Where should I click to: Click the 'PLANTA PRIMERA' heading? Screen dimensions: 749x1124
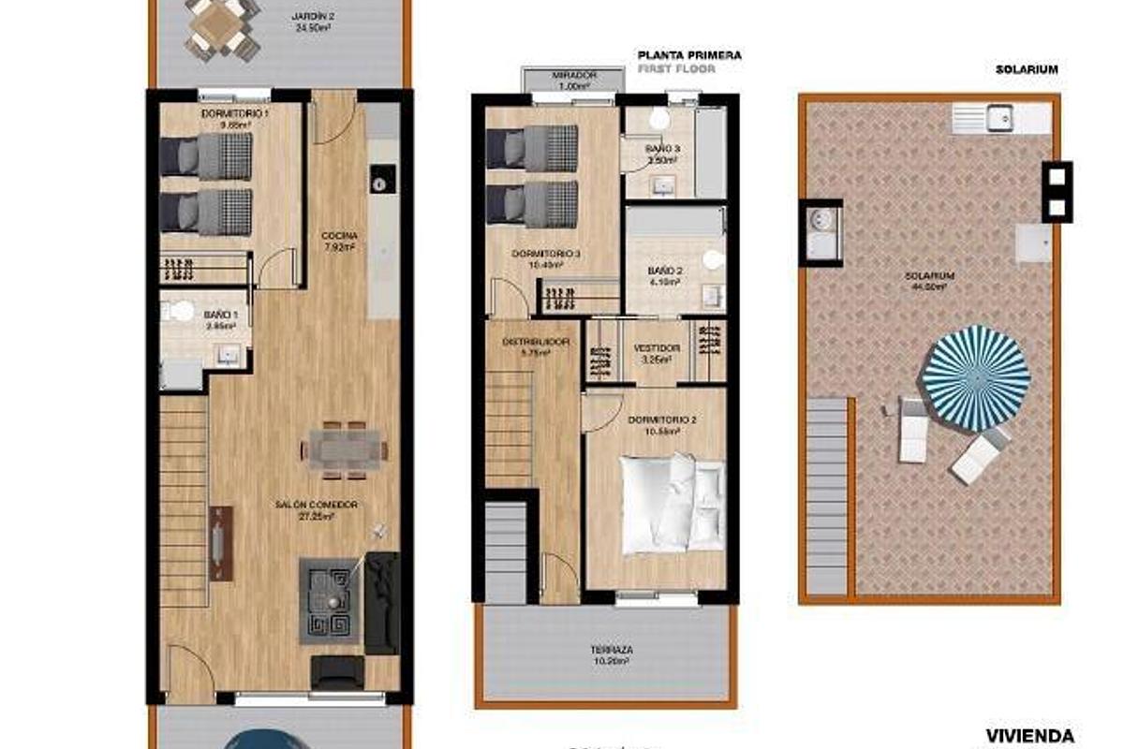coord(688,55)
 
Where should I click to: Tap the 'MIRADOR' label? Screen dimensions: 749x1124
coord(573,75)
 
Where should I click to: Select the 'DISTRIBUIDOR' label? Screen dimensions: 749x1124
coord(536,342)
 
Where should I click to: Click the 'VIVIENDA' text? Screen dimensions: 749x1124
coord(1029,736)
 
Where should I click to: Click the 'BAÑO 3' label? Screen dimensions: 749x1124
coord(662,149)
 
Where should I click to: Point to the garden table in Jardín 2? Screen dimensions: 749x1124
coord(223,27)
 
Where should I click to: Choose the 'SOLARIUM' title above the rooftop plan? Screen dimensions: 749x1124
coord(1027,69)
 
